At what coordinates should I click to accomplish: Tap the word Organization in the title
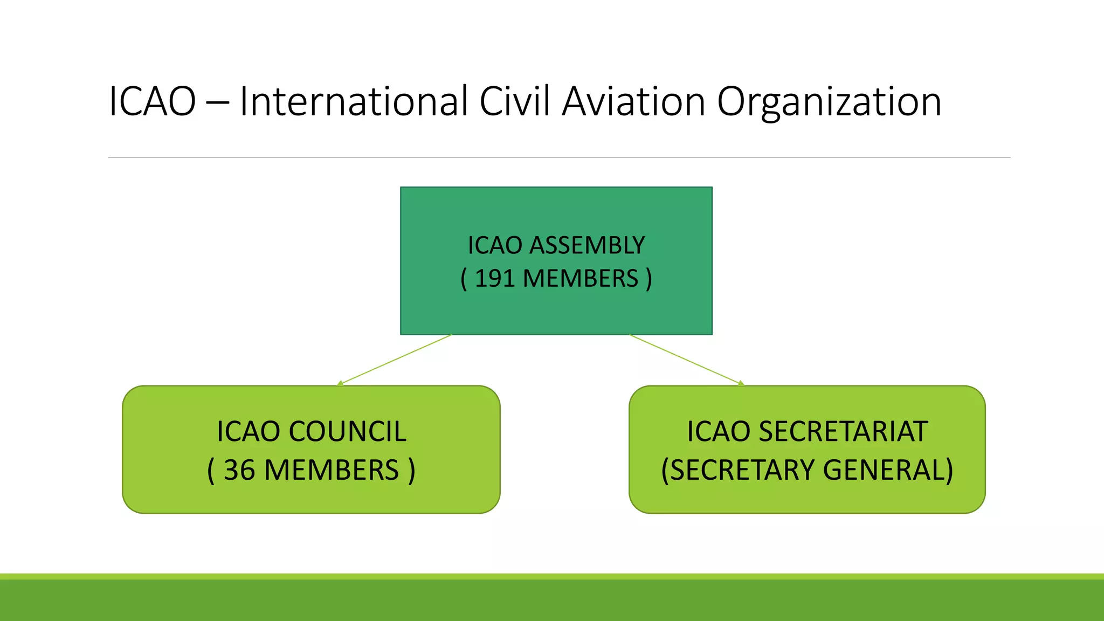[829, 102]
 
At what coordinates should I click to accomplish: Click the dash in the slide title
[217, 102]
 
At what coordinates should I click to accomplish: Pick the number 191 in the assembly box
[494, 279]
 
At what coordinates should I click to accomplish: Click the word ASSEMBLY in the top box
[587, 245]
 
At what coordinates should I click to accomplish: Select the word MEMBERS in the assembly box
[580, 279]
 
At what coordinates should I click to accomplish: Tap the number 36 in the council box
[239, 470]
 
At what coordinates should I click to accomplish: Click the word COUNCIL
[348, 431]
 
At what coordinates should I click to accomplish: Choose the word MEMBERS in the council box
[332, 470]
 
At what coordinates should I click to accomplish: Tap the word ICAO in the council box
[248, 431]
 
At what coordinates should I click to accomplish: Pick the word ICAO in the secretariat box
[718, 431]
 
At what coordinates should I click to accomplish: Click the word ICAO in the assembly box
[495, 245]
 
